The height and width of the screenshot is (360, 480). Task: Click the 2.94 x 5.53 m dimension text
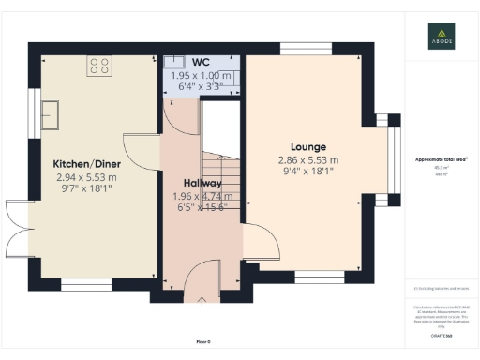tap(85, 175)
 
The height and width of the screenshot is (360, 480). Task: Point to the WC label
tap(200, 63)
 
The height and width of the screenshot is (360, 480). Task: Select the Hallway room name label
tap(201, 183)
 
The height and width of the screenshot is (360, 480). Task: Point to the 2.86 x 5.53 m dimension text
tap(307, 160)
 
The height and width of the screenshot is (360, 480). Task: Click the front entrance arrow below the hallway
tap(203, 301)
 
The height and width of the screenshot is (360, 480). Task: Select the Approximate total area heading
tap(441, 159)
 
